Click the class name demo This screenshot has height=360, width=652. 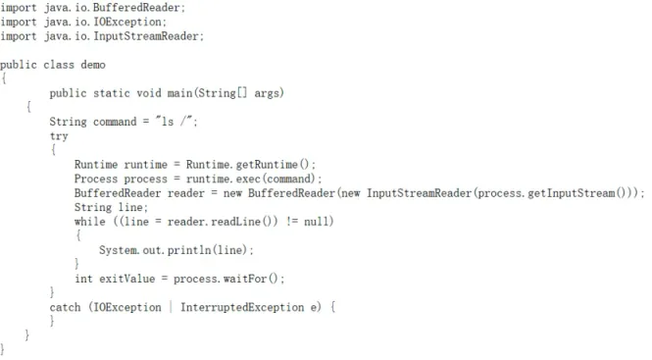coord(93,65)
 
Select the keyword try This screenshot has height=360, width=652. coord(59,136)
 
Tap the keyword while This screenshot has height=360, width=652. coord(90,222)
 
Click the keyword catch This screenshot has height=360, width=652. coord(66,307)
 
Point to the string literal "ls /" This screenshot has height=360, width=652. coord(175,122)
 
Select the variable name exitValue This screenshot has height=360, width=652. coord(126,279)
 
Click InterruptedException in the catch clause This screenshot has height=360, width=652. coord(242,307)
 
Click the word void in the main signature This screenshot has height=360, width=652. coord(149,93)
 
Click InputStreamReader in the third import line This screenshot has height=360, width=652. coord(146,36)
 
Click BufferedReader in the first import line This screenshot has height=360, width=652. coord(136,8)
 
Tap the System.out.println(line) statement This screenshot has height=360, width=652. coord(176,250)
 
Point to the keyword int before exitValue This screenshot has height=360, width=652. coord(83,279)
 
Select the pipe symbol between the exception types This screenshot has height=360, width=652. coord(171,307)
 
